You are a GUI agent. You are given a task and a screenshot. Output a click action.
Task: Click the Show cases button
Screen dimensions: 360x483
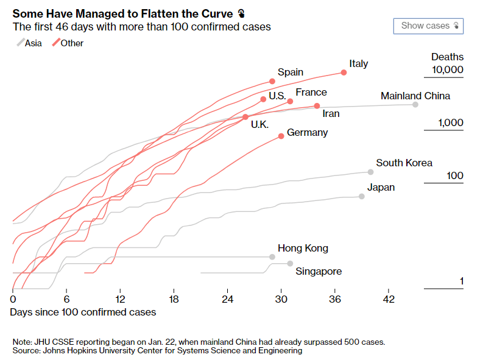[429, 26]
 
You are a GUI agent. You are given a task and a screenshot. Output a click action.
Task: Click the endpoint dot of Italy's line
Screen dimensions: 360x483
[344, 72]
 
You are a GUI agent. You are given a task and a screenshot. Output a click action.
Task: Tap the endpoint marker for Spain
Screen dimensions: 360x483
[272, 81]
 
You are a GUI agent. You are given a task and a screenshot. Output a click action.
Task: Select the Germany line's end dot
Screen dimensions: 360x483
[281, 136]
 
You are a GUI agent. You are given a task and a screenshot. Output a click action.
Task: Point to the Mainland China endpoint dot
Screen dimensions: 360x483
[415, 105]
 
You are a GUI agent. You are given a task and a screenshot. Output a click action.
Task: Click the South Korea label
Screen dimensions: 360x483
[404, 163]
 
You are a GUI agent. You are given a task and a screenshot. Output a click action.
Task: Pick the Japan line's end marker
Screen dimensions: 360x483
[362, 196]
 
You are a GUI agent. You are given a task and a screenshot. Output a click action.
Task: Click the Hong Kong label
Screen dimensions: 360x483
[303, 248]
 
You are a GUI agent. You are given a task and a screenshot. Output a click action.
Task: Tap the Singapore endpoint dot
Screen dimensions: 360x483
[290, 263]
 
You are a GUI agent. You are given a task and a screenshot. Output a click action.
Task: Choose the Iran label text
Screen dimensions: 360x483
[331, 113]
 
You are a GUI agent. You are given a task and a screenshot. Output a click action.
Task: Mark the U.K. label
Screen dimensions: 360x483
[259, 124]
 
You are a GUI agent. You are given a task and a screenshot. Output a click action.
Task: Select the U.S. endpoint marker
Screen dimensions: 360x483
[263, 99]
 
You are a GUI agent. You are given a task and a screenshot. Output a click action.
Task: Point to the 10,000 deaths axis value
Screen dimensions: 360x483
[447, 70]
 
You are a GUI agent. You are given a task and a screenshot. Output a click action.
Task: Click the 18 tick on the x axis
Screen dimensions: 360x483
[174, 300]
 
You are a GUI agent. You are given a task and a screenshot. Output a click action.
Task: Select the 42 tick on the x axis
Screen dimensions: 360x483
[389, 300]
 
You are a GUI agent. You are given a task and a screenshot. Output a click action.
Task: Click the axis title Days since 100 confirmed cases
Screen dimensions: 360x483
[83, 312]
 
